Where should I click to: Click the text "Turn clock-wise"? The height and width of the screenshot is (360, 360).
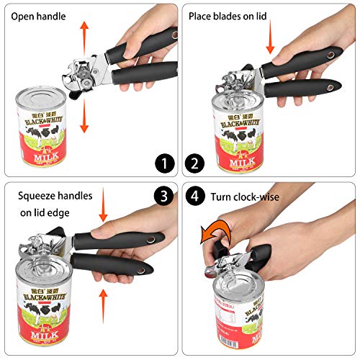pyautogui.click(x=245, y=196)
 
